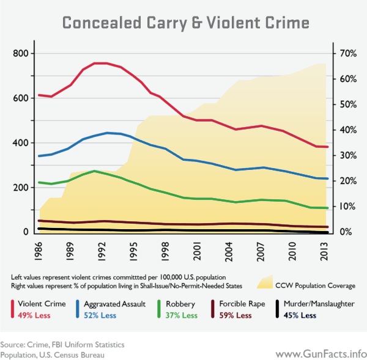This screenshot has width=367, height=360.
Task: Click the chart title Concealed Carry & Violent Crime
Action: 183,22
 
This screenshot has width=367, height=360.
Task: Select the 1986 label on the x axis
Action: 39,249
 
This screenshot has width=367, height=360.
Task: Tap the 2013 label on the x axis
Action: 327,249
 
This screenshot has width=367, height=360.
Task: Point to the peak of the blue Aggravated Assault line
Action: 107,133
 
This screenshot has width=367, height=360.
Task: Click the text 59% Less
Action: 235,315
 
